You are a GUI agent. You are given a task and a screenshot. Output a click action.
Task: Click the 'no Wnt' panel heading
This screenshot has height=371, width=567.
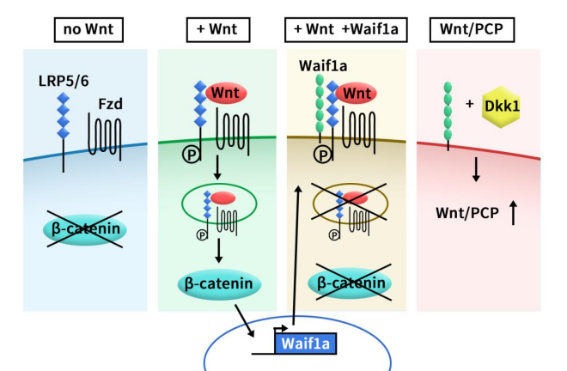pyautogui.click(x=88, y=30)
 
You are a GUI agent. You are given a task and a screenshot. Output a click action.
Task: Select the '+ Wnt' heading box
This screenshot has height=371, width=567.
pyautogui.click(x=217, y=30)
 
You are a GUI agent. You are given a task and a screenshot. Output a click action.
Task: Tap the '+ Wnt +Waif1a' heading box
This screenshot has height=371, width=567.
pyautogui.click(x=347, y=30)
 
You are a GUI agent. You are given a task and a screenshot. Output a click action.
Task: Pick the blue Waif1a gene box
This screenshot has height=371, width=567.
pyautogui.click(x=306, y=345)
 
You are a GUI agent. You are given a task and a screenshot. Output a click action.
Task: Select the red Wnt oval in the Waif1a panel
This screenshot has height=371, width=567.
pyautogui.click(x=357, y=91)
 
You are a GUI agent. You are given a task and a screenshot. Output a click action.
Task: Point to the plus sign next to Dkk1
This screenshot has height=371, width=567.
pyautogui.click(x=469, y=104)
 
